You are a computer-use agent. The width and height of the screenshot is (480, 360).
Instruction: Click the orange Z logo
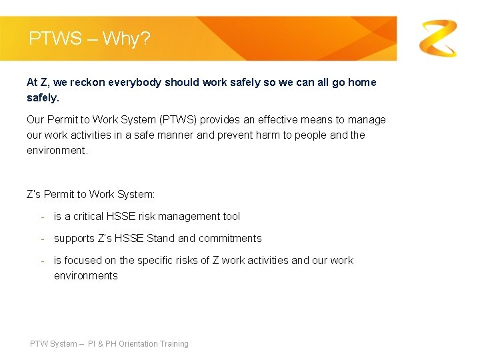point(438,38)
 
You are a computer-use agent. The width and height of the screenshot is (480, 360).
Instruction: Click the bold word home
point(362,83)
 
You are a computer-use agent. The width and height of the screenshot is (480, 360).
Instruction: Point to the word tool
point(230,217)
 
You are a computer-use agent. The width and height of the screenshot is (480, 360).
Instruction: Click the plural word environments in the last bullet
point(86,276)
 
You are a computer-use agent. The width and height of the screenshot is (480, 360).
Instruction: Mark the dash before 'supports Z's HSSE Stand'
point(43,239)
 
